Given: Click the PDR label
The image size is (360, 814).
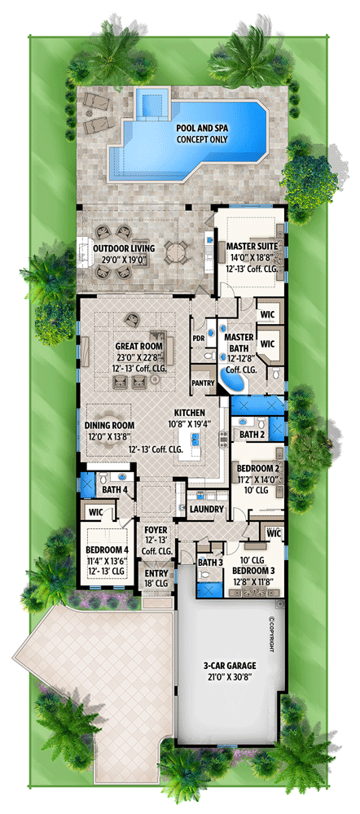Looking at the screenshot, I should coord(198,338).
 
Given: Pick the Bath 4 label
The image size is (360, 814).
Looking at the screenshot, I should coord(114,490).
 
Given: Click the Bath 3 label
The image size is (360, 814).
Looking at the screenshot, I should coord(210,562).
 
